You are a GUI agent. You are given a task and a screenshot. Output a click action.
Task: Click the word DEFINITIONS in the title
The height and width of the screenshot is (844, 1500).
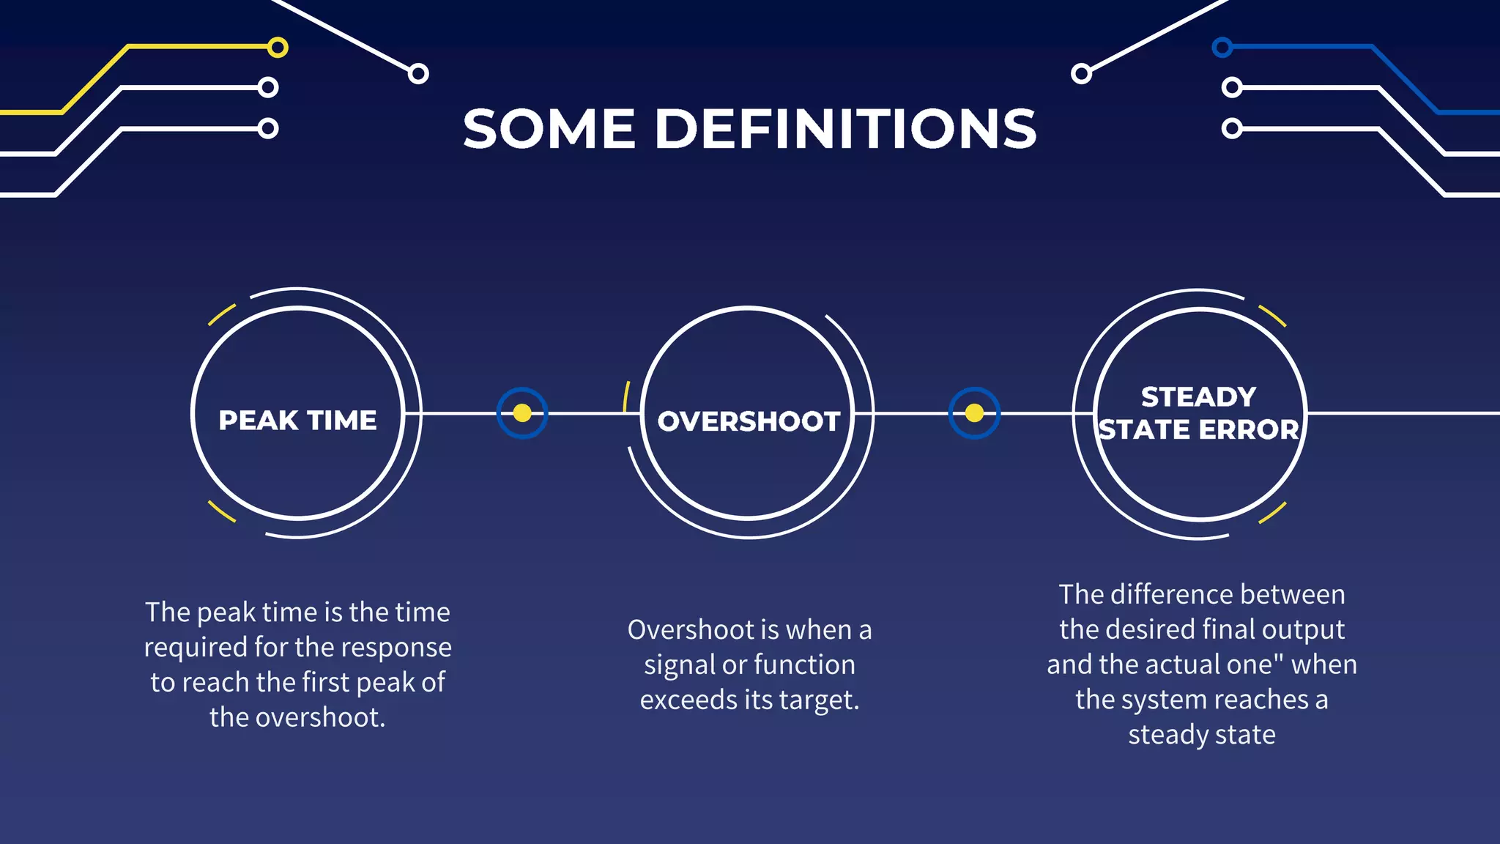pos(845,129)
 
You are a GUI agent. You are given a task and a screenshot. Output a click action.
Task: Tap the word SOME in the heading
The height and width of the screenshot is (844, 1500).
pos(549,129)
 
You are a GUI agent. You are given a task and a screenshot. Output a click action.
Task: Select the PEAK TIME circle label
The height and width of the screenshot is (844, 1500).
pos(297,421)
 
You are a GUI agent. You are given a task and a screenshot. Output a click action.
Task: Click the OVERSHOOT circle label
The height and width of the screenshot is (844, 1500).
pos(749,421)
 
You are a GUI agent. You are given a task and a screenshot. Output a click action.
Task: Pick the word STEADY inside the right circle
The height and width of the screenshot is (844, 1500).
pos(1198,397)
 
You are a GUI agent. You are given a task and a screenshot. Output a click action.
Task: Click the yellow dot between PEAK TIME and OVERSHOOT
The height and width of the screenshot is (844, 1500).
pos(522,413)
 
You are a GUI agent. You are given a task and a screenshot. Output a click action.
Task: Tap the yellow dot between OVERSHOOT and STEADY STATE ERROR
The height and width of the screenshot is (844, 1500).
pos(974,413)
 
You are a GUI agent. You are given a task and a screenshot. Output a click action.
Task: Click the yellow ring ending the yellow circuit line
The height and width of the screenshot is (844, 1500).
pos(278,48)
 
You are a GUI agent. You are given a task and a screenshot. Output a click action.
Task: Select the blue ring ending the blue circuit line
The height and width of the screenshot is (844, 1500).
pos(1222,48)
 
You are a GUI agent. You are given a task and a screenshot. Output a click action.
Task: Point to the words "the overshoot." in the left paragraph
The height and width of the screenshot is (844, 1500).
pos(297,717)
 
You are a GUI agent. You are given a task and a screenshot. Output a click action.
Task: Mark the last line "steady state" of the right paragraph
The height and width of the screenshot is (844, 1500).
pos(1201,735)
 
